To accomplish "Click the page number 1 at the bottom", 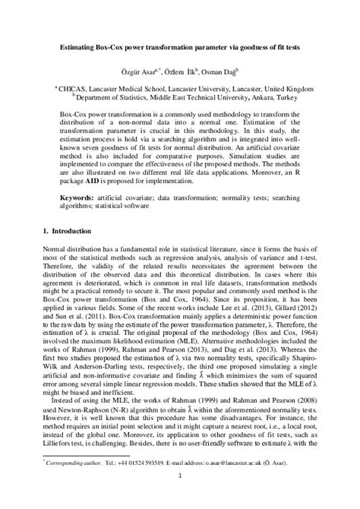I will (x=180, y=498).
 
